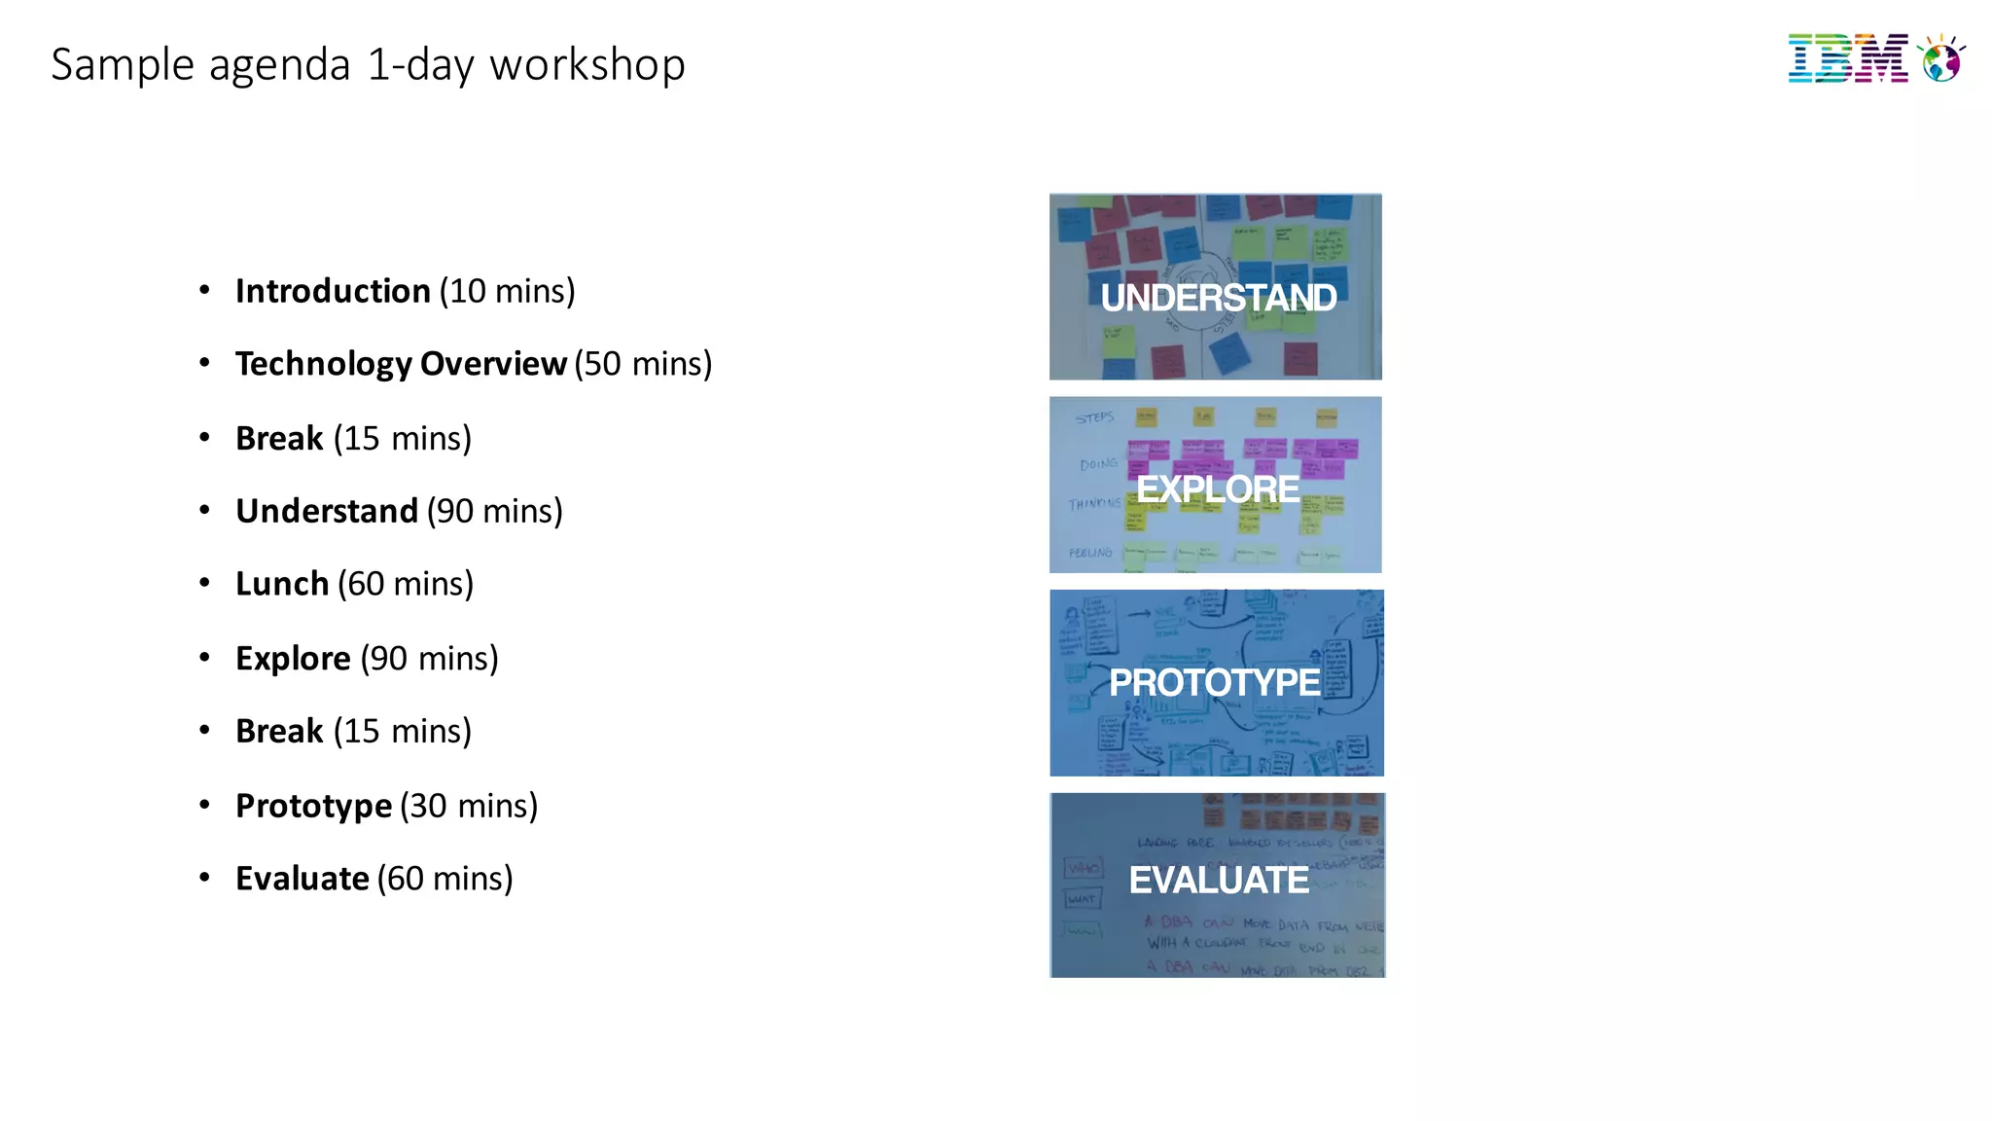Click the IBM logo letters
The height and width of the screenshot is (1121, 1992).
pos(1847,59)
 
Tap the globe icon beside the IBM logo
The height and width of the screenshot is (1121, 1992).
pos(1941,60)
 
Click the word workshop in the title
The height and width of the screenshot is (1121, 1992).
pos(587,65)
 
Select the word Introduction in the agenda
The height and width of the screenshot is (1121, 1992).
pos(333,291)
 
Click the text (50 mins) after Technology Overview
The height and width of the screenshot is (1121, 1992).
pos(643,364)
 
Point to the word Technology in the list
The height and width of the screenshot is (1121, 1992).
pos(324,364)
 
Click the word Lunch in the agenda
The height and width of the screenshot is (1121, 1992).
pos(282,584)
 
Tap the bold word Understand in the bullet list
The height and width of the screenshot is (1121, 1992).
pos(327,511)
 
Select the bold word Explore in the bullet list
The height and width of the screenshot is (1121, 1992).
pos(293,659)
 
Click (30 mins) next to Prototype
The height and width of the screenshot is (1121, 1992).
pos(469,806)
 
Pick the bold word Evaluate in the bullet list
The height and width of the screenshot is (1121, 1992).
pos(302,879)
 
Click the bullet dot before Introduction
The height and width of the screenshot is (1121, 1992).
pos(204,290)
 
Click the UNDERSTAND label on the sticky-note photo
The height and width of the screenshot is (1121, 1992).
pos(1218,298)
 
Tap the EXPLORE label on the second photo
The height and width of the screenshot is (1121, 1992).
pos(1218,488)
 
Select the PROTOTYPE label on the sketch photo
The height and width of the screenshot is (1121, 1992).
pos(1215,683)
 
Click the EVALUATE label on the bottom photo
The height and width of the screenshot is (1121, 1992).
pos(1219,881)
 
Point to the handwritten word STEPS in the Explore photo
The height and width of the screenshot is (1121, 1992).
pos(1094,417)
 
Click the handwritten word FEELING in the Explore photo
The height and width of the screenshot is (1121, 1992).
pos(1090,553)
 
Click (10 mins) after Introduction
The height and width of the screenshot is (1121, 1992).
pos(507,291)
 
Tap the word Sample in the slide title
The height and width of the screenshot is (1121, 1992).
pos(123,65)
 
